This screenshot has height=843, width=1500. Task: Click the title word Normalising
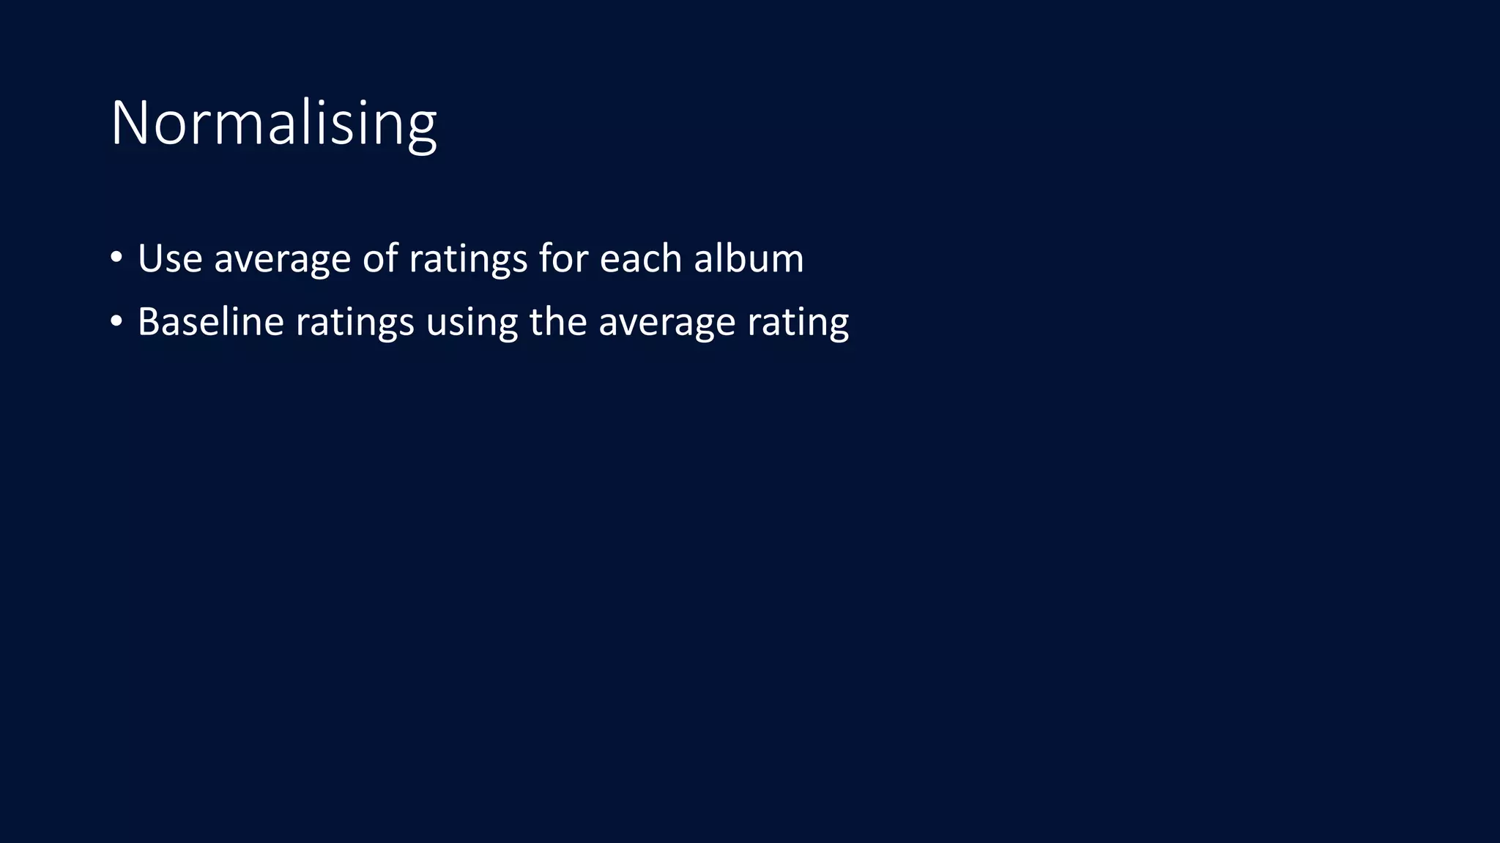pyautogui.click(x=273, y=123)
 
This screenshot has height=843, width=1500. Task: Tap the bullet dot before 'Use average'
pyautogui.click(x=116, y=258)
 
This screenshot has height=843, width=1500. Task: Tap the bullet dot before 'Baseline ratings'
pyautogui.click(x=116, y=321)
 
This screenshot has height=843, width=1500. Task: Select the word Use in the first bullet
pyautogui.click(x=170, y=258)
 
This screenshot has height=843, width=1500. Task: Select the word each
pyautogui.click(x=641, y=258)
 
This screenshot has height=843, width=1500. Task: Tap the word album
pyautogui.click(x=749, y=258)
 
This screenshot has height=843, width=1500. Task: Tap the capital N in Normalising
pyautogui.click(x=130, y=123)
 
